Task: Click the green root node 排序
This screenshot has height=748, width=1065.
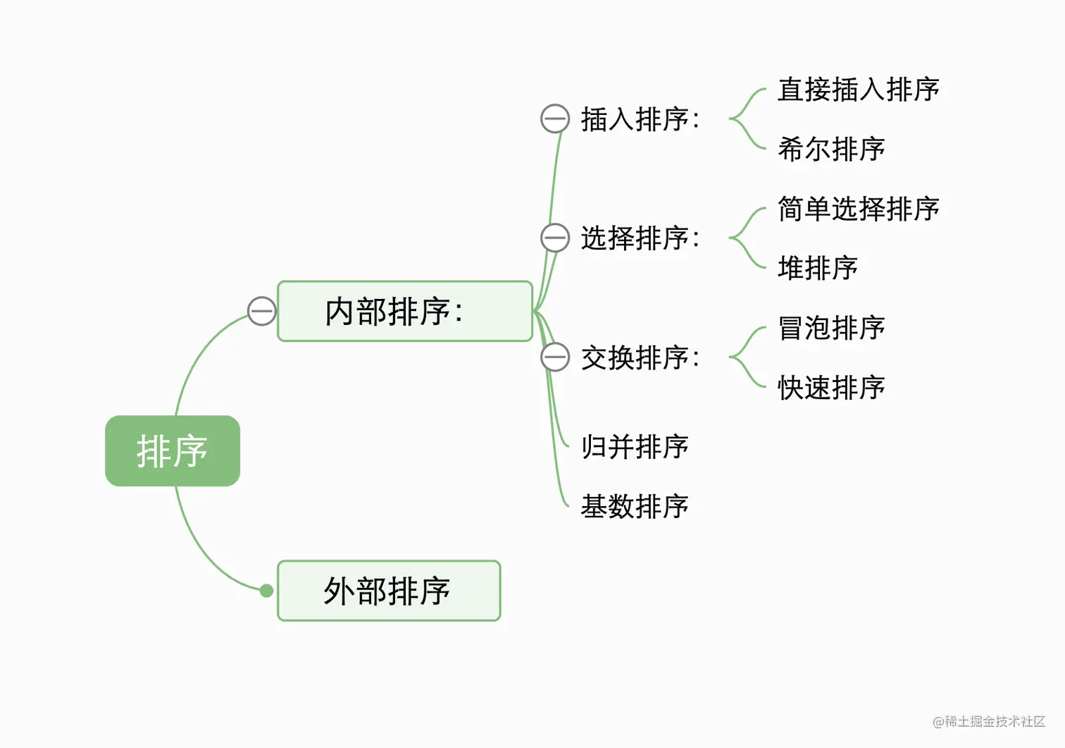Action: click(x=173, y=451)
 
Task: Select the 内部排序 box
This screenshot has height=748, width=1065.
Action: click(x=405, y=312)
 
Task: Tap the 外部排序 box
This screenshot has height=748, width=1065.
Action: click(x=389, y=591)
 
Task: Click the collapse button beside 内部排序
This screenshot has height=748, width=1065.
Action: click(x=262, y=311)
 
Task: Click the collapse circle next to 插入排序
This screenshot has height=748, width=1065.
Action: click(x=555, y=118)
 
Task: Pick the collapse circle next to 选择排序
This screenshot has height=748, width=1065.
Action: click(x=555, y=238)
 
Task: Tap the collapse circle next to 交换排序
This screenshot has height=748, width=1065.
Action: click(x=555, y=357)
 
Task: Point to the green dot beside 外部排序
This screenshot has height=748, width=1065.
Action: click(x=266, y=591)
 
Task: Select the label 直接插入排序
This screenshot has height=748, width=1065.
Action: click(x=858, y=90)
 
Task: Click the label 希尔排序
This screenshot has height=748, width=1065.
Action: click(x=831, y=149)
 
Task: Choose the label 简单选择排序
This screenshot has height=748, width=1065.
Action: click(x=858, y=209)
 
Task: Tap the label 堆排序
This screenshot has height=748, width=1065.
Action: click(x=818, y=269)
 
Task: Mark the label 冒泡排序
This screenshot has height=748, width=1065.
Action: click(x=831, y=328)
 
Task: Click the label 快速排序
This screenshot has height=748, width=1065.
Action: click(x=831, y=388)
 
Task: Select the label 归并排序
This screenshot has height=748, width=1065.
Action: click(x=635, y=447)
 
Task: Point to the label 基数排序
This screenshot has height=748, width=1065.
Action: click(x=635, y=506)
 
